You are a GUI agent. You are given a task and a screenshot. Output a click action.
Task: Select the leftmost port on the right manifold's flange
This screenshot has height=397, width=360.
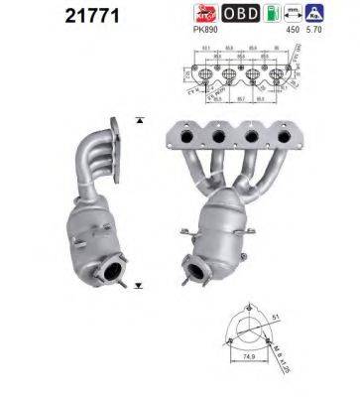point(185,136)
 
